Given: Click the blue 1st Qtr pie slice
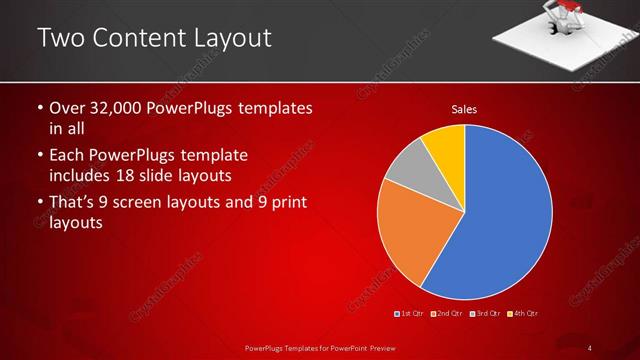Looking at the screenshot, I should pyautogui.click(x=500, y=220).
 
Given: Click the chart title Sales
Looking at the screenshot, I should pyautogui.click(x=463, y=108).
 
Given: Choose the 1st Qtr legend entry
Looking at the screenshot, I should pyautogui.click(x=410, y=314).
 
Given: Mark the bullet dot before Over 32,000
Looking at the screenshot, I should pyautogui.click(x=39, y=108).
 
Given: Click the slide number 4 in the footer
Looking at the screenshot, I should pyautogui.click(x=590, y=348).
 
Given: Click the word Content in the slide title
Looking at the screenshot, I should pyautogui.click(x=139, y=38).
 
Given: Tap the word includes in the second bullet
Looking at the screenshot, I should pyautogui.click(x=81, y=176).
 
